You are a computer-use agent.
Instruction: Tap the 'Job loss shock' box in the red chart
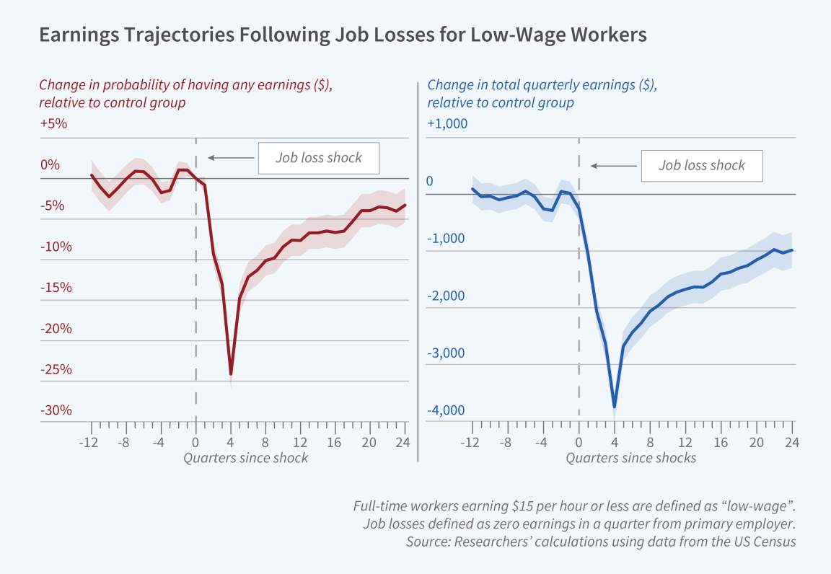(x=319, y=158)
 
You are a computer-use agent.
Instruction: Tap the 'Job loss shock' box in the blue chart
(x=701, y=165)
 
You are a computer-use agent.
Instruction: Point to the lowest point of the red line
(x=231, y=374)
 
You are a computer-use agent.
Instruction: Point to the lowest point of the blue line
(x=614, y=407)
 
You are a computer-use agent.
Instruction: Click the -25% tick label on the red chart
(x=56, y=370)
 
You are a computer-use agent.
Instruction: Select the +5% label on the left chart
(x=53, y=123)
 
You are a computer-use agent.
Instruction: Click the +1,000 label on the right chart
(x=447, y=123)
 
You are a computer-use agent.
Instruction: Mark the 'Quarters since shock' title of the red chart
(x=246, y=458)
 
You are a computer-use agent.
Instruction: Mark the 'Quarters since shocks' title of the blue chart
(x=631, y=458)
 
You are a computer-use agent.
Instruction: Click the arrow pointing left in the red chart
(x=229, y=158)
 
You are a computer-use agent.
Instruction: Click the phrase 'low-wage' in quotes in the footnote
(x=767, y=506)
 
